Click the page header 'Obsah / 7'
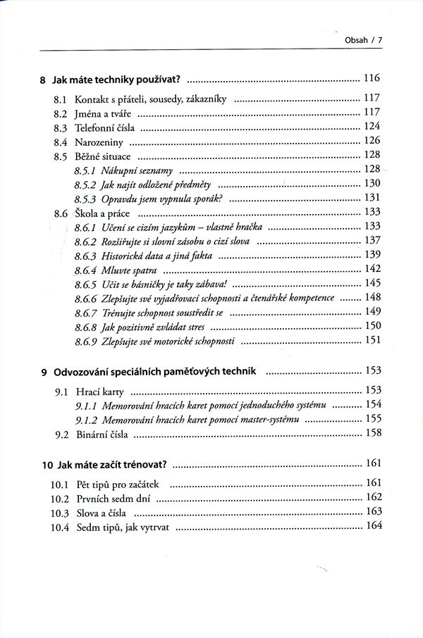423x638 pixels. coord(364,39)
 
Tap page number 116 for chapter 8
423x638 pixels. coord(372,78)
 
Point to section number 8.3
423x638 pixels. coord(61,127)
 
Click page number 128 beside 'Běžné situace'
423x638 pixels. coord(372,155)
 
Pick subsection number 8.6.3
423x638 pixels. coord(86,255)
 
